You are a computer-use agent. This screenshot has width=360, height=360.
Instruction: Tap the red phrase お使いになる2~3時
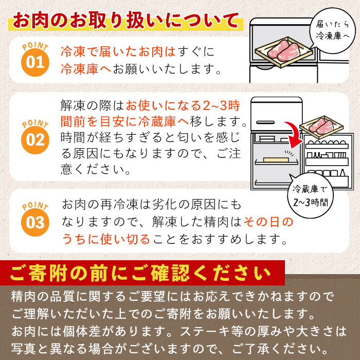(183, 106)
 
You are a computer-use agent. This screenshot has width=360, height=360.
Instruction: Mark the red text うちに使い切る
(106, 239)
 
